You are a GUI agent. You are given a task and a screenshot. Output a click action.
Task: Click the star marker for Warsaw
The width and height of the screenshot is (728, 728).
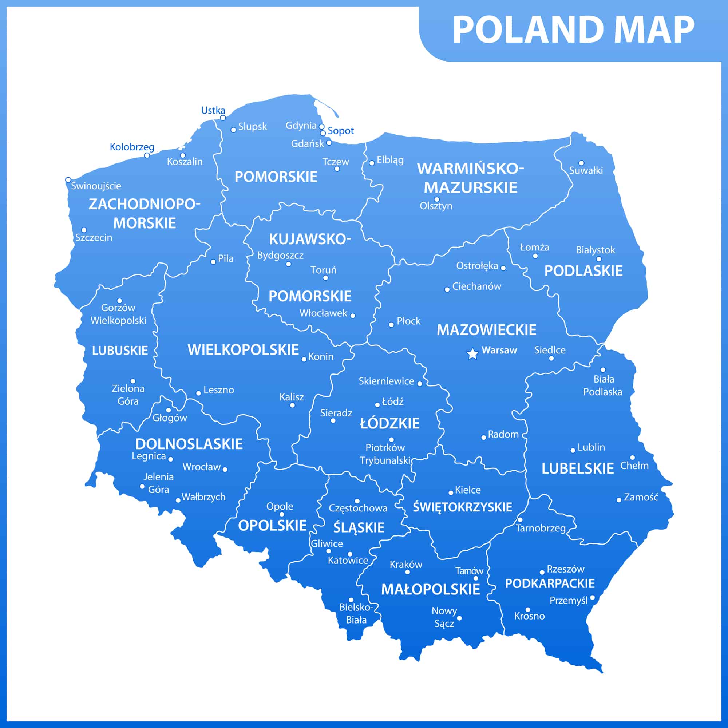pos(472,354)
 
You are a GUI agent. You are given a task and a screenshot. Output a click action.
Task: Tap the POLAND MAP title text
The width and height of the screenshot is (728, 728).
pos(574,30)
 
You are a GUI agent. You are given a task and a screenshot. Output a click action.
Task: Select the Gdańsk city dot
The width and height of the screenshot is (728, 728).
pos(329,142)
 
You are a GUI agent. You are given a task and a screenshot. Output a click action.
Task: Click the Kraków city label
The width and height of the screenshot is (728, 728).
pos(406,564)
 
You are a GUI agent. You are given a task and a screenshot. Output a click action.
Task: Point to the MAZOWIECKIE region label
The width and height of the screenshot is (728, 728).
pos(486,330)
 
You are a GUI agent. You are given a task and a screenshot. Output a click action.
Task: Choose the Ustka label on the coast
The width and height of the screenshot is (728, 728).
pos(213,110)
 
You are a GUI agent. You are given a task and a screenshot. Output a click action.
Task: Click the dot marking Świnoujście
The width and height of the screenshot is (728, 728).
pos(68,180)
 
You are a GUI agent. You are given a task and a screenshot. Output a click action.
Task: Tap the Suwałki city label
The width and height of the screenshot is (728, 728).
pos(586,170)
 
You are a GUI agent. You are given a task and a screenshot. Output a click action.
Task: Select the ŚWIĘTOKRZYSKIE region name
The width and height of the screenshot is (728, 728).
pos(462,507)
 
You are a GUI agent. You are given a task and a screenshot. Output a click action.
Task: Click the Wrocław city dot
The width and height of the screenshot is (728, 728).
pos(225,469)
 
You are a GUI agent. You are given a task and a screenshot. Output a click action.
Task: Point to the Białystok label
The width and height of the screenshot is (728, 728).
pos(596,250)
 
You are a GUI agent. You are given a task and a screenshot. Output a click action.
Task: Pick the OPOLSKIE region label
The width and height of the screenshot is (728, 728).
pos(272,525)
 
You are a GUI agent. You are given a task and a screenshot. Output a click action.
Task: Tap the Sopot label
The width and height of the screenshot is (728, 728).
pos(341,131)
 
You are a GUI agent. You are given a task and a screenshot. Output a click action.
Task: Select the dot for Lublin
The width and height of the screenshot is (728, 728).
pos(573,450)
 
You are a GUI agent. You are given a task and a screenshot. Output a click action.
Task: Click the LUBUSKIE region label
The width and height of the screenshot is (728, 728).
pos(120,351)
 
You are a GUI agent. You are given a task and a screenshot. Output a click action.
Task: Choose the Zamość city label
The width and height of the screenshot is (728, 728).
pos(641,497)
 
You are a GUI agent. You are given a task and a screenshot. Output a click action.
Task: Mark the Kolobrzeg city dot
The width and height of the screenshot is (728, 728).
pos(147,155)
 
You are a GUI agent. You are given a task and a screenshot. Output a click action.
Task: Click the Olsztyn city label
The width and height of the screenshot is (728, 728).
pos(436,206)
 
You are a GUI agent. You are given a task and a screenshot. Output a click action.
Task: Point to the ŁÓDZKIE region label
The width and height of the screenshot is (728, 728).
pos(389,423)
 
